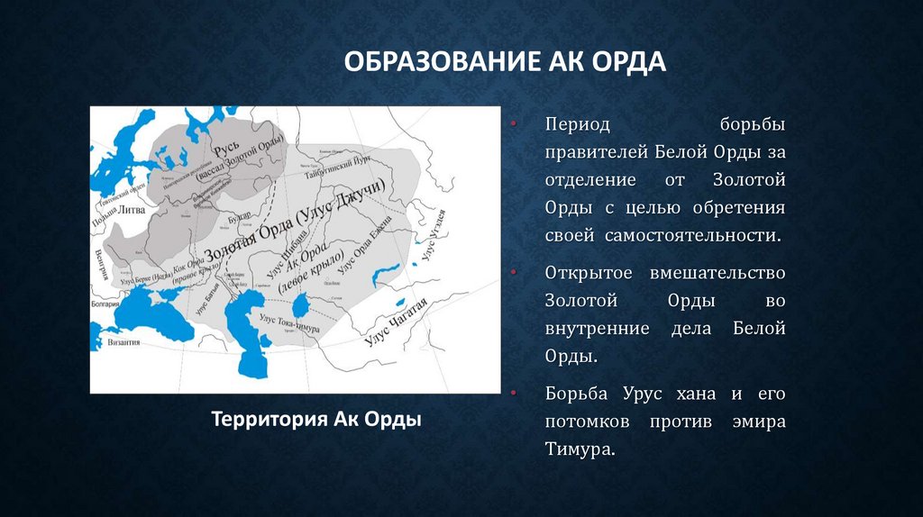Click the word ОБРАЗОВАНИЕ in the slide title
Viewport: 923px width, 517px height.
pos(439,64)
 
